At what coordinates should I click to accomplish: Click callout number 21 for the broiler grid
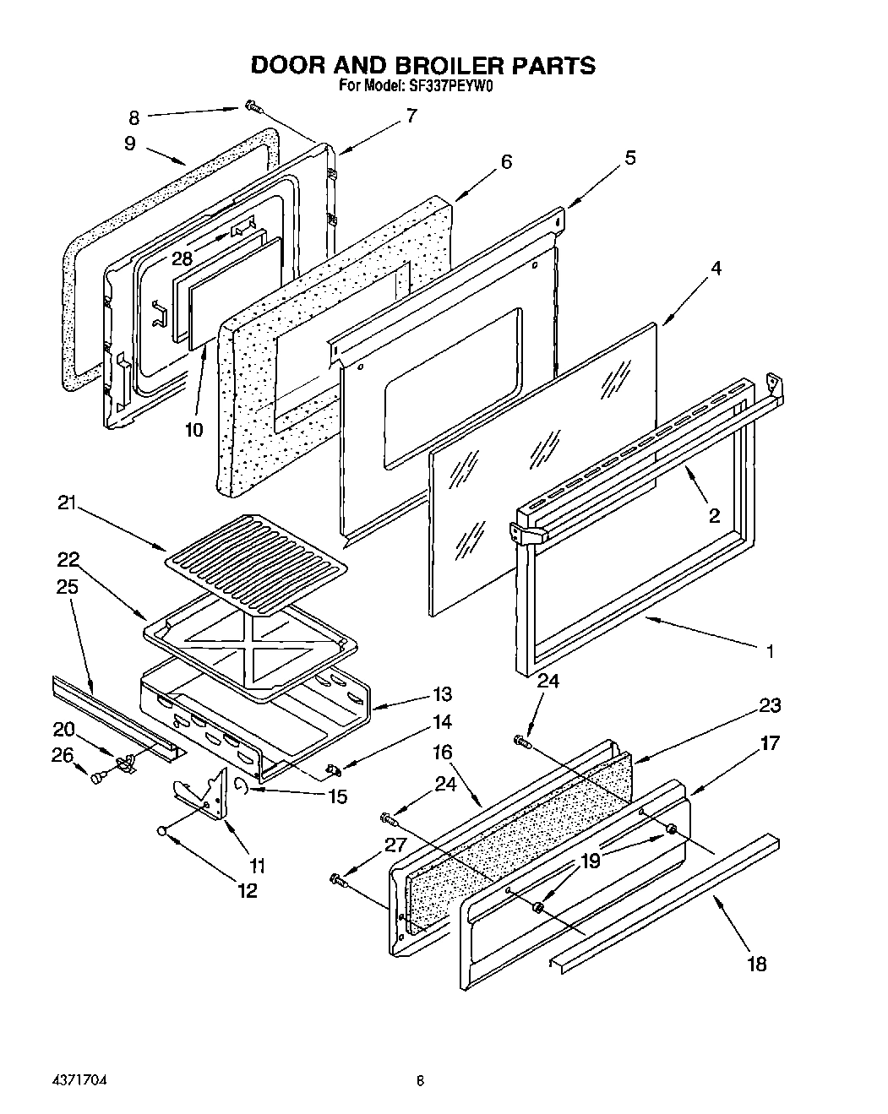pos(67,504)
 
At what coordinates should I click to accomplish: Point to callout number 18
pos(757,964)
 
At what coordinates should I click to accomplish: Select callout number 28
pos(182,258)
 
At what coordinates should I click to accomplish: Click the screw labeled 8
pos(252,106)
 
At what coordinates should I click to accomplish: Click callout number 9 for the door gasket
pos(129,144)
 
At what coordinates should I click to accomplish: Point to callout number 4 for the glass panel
pos(715,269)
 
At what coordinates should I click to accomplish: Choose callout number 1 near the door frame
pos(770,651)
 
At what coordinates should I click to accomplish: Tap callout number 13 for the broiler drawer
pos(442,694)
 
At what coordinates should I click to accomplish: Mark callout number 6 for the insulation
pos(506,161)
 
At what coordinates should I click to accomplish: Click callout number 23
pos(770,705)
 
